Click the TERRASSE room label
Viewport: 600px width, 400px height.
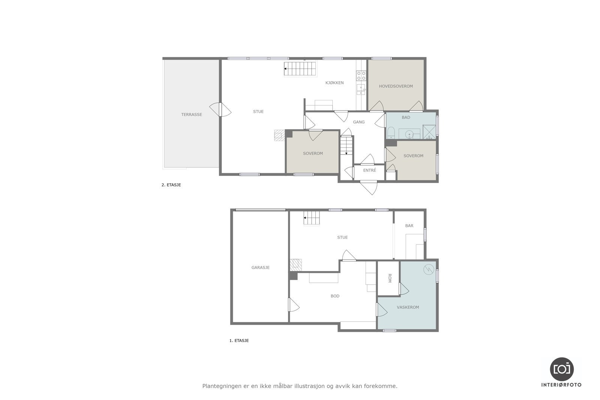192,115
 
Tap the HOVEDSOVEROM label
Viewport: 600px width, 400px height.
396,86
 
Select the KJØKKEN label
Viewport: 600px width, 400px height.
334,83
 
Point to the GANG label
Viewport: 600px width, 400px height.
358,122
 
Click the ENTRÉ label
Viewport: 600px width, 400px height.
369,170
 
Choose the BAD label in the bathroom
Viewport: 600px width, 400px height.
406,117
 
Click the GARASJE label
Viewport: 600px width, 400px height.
260,267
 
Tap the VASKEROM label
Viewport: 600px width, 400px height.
408,307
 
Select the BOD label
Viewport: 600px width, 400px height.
335,296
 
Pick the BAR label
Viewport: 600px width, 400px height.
409,226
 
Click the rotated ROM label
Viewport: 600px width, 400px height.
389,278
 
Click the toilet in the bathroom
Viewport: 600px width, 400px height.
391,133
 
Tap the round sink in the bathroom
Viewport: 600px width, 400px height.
409,134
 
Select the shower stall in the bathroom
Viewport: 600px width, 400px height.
429,132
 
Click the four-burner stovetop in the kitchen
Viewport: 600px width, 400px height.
361,75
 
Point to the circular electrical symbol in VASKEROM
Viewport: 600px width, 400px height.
429,269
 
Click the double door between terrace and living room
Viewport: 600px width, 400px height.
220,109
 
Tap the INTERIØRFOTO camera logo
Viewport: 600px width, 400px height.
562,369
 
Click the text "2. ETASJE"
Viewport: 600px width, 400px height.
171,185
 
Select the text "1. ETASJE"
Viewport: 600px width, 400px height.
239,340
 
